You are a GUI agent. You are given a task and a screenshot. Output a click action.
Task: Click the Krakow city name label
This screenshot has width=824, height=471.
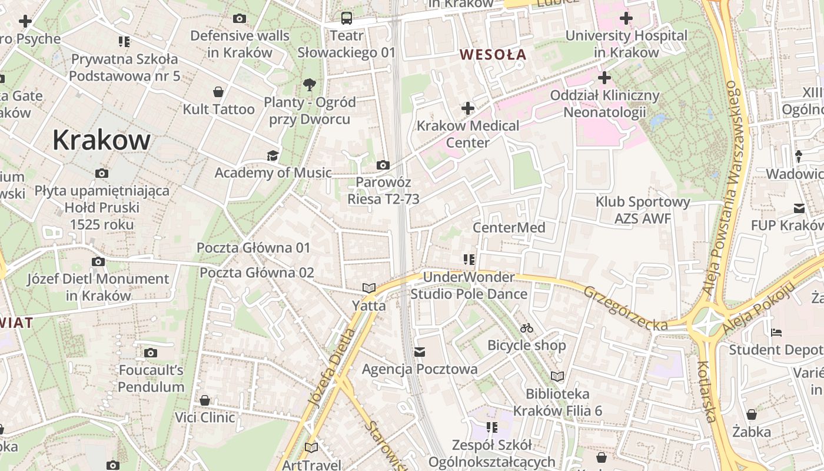click(x=101, y=140)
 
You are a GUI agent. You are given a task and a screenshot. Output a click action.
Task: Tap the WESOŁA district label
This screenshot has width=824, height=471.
click(x=493, y=55)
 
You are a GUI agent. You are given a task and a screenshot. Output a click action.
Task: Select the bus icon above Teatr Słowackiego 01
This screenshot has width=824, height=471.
click(x=347, y=18)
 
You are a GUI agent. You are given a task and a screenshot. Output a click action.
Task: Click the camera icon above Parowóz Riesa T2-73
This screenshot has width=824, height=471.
click(x=383, y=165)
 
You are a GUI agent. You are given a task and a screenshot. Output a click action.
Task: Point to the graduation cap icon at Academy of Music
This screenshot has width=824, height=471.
click(x=273, y=155)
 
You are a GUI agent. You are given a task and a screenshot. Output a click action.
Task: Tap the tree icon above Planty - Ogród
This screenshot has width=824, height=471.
click(x=310, y=85)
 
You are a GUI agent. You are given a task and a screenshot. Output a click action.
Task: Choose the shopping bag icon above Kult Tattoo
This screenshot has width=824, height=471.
click(x=218, y=92)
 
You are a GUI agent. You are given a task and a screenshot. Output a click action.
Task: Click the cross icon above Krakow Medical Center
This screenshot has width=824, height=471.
click(x=468, y=108)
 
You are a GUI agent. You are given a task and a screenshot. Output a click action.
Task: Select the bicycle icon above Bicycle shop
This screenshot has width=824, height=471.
click(x=527, y=328)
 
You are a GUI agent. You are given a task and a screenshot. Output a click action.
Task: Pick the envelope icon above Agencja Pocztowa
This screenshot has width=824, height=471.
click(x=420, y=352)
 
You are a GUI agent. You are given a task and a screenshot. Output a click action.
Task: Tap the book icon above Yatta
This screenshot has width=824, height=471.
click(x=369, y=288)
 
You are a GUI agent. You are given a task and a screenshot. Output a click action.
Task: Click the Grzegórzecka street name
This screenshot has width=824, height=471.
click(x=625, y=308)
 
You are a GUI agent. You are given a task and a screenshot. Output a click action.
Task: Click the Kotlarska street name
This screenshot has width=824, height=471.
click(x=706, y=392)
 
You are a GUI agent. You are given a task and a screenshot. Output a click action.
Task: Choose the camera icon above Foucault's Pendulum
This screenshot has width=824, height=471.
click(x=151, y=353)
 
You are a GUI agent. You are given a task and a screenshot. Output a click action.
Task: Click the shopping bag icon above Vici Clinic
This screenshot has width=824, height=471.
click(x=205, y=401)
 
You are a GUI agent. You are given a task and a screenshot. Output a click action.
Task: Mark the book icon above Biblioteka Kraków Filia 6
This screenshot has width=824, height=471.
click(x=557, y=376)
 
